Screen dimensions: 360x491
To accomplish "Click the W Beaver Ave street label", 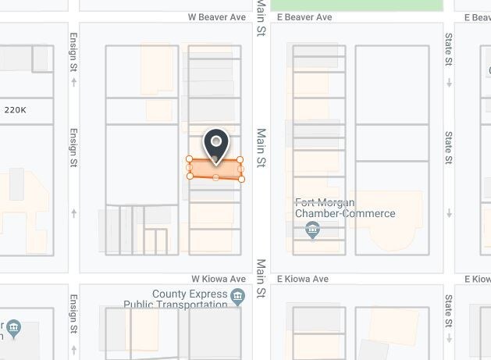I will click(217, 16).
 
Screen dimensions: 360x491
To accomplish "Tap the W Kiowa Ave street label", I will click(219, 279).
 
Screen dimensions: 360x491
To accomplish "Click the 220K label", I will click(16, 110).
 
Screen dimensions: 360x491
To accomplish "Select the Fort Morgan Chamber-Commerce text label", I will click(345, 208).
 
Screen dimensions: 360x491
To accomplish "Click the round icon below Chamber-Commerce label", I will click(312, 230).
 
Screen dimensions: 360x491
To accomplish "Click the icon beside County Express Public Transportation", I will click(238, 296).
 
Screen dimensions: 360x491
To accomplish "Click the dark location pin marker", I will click(215, 144).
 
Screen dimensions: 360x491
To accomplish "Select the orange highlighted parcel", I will click(215, 169).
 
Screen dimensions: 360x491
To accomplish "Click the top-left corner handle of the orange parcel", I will click(190, 159).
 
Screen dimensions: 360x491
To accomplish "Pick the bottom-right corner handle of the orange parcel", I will click(241, 179).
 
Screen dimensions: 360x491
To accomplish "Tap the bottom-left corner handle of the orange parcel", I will click(190, 176).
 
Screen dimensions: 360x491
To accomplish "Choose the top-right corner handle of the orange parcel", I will click(240, 159).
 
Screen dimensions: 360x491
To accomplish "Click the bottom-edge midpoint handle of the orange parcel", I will click(215, 178).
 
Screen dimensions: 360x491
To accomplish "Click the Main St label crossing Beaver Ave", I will click(262, 17).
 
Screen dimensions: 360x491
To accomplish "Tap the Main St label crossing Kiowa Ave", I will click(262, 279).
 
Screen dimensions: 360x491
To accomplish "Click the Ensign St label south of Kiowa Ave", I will click(74, 314).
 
